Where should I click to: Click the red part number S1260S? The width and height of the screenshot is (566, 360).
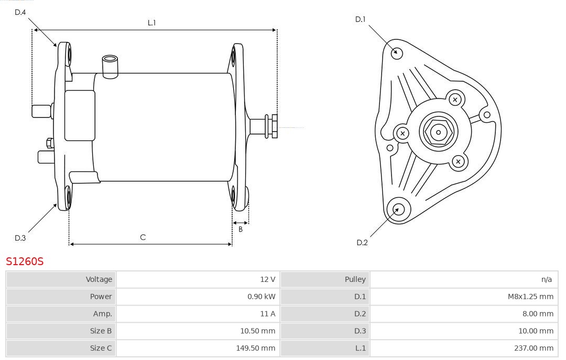(x=25, y=261)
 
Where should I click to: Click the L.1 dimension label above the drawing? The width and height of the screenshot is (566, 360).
(x=151, y=23)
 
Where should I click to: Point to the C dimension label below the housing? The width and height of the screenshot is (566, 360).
(x=143, y=237)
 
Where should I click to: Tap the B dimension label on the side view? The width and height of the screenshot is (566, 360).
(x=241, y=229)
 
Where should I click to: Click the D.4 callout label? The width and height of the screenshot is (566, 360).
(x=20, y=12)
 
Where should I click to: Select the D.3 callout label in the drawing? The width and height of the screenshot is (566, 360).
(x=20, y=238)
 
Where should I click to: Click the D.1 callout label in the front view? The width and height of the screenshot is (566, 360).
(x=360, y=19)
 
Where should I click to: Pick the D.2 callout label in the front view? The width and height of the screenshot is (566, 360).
(x=362, y=242)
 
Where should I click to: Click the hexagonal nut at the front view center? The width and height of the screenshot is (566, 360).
(x=438, y=132)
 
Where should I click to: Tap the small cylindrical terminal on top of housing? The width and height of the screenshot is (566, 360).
(x=110, y=66)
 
